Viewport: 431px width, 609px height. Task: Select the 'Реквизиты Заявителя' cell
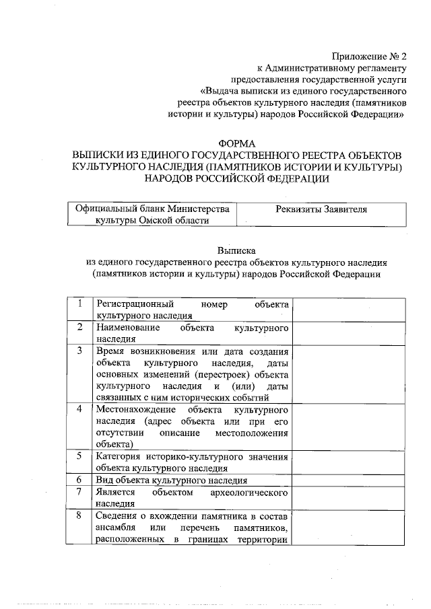click(322, 209)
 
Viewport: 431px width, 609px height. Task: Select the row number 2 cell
click(80, 328)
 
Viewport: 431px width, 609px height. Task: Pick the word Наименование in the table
click(128, 328)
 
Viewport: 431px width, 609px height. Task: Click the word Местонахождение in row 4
click(137, 409)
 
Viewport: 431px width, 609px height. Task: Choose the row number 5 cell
click(80, 457)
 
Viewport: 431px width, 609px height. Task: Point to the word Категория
click(119, 457)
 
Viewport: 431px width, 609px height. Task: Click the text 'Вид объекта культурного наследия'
click(171, 480)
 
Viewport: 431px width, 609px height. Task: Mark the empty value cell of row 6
click(349, 480)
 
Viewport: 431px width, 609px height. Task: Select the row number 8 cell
click(80, 515)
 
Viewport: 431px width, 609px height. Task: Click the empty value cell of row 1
click(349, 310)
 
